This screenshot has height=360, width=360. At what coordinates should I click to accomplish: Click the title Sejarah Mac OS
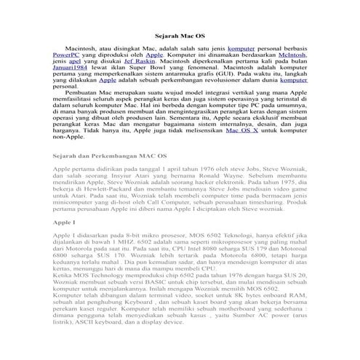click(x=180, y=34)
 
